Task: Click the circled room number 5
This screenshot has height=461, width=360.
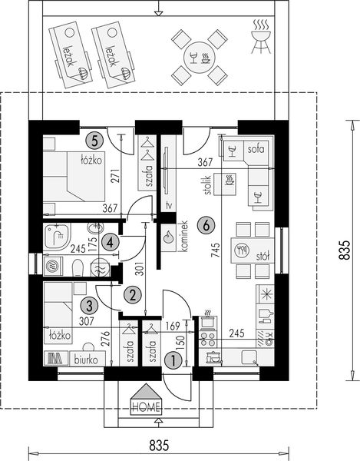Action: click(x=94, y=140)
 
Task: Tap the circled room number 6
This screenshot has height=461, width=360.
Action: click(x=204, y=225)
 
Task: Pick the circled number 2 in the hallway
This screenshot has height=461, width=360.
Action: click(x=133, y=294)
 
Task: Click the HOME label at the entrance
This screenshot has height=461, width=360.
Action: click(x=146, y=407)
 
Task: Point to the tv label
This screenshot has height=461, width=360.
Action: click(x=169, y=205)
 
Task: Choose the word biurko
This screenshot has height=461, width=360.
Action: click(x=87, y=359)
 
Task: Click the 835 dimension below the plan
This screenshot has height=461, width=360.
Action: click(x=158, y=444)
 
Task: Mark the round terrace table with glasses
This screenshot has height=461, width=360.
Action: click(x=198, y=58)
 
